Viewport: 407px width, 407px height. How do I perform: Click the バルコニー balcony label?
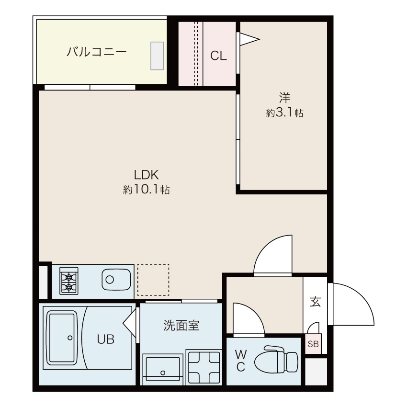tap(97, 52)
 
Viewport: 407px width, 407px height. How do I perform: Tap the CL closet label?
tap(218, 56)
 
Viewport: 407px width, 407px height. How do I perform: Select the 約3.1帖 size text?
tap(284, 113)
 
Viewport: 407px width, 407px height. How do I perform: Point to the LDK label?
tap(146, 175)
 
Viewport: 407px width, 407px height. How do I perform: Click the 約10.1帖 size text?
tap(147, 190)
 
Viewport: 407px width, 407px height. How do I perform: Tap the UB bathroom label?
tap(106, 339)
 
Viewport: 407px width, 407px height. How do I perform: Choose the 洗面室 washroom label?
tap(181, 326)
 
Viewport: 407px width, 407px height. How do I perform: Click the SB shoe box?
tap(313, 344)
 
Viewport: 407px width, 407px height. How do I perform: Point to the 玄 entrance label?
tap(315, 302)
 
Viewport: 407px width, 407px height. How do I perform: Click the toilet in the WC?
tap(276, 361)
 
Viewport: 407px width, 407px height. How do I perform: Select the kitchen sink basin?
tap(116, 280)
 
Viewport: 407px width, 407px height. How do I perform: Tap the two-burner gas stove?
tap(69, 281)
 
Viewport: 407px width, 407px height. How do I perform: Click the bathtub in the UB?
tap(63, 338)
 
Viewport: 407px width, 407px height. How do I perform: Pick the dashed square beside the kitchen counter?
tap(153, 280)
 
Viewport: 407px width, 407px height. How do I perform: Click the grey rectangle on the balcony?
tap(157, 56)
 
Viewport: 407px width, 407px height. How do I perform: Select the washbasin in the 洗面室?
tap(163, 370)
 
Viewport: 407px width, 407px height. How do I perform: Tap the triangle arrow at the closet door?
tap(249, 39)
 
